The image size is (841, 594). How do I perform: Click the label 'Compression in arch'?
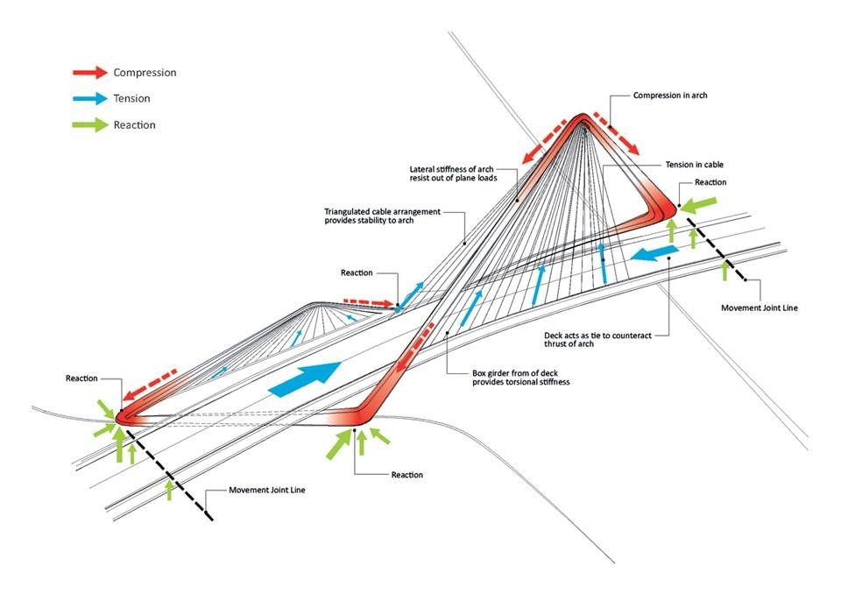coord(669,95)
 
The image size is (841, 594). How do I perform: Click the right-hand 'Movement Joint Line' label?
coord(760,308)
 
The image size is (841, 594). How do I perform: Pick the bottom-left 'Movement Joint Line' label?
coord(267,490)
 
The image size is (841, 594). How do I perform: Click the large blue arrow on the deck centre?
coord(302,379)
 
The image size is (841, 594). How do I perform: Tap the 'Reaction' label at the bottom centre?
coord(406,475)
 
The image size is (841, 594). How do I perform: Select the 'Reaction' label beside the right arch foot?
coord(710,182)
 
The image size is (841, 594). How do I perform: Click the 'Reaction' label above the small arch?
coord(357,273)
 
